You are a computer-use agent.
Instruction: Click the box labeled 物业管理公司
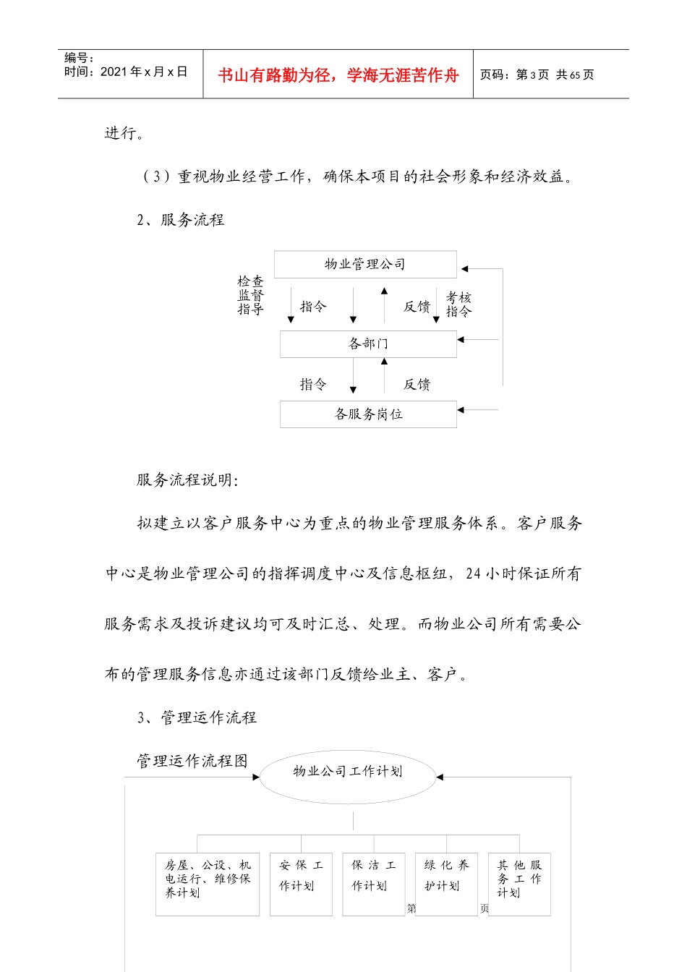(x=365, y=265)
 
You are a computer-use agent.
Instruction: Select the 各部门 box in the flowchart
(x=368, y=344)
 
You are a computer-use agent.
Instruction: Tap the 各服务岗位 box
(x=368, y=414)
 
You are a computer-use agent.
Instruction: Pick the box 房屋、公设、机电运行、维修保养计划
(x=208, y=884)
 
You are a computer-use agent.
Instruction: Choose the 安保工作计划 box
(x=301, y=884)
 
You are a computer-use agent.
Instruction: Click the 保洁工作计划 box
(x=373, y=884)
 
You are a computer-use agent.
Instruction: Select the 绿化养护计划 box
(x=446, y=884)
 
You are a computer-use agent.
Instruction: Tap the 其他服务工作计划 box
(x=519, y=884)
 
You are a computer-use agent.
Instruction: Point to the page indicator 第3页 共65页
(x=537, y=75)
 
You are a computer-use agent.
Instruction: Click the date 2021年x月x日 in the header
(x=143, y=72)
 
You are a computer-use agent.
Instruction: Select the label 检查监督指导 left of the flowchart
(x=251, y=295)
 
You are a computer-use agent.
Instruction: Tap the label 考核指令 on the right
(x=458, y=304)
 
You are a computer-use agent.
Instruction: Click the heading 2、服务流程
(x=181, y=220)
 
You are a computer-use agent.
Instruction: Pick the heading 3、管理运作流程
(x=197, y=717)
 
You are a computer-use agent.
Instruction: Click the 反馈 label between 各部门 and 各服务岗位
(x=417, y=385)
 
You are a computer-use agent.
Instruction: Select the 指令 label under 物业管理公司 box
(x=313, y=307)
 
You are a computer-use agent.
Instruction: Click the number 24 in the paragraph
(x=473, y=574)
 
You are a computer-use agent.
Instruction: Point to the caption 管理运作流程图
(x=192, y=761)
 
